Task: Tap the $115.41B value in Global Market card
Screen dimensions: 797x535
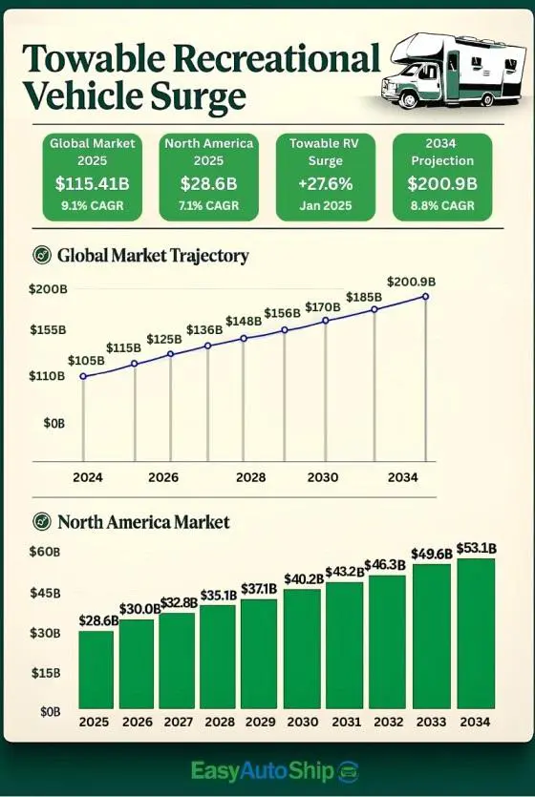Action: tap(94, 182)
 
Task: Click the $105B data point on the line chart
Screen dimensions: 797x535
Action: tap(83, 376)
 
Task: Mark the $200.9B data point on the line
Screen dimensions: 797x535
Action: tap(425, 297)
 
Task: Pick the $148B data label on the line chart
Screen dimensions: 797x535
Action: tap(244, 321)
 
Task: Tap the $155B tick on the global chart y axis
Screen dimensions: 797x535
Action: tap(48, 329)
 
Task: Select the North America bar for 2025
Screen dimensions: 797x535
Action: tap(96, 671)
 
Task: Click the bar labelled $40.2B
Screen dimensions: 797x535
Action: tap(302, 650)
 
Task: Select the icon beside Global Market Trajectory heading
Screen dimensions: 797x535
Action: tap(41, 256)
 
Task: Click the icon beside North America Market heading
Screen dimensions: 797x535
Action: tap(41, 522)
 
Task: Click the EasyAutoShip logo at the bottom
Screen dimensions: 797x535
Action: tap(273, 771)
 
